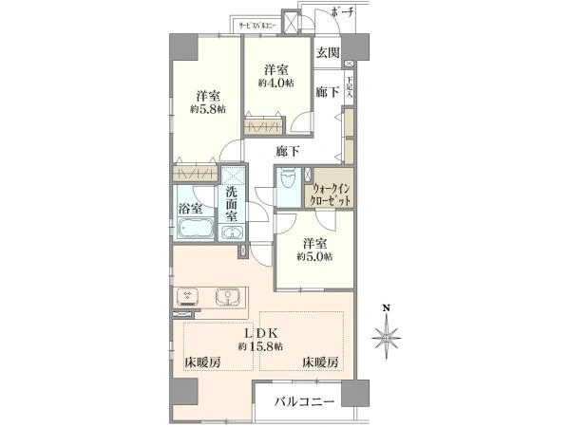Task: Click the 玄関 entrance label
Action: click(328, 52)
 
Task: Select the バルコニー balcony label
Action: click(304, 402)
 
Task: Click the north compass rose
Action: click(387, 336)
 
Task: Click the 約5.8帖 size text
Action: click(207, 111)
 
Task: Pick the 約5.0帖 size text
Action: click(313, 256)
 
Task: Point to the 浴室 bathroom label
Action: click(189, 207)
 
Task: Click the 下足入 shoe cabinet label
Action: click(349, 87)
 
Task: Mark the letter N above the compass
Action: click(387, 308)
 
